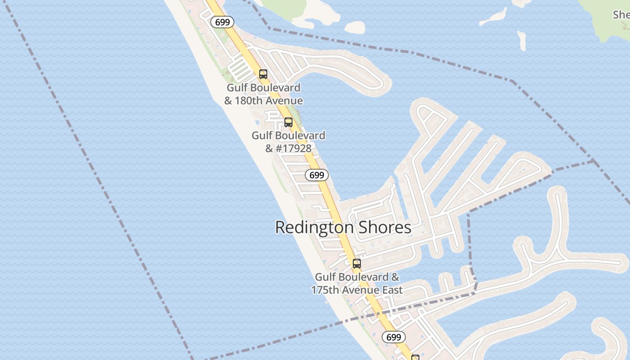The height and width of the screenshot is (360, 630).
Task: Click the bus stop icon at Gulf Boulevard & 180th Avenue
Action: pyautogui.click(x=263, y=74)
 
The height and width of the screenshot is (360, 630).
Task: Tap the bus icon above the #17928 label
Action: pyautogui.click(x=288, y=122)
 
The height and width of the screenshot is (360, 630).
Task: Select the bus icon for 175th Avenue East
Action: pyautogui.click(x=357, y=264)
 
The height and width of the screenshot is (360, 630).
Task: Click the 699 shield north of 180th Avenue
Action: pyautogui.click(x=222, y=22)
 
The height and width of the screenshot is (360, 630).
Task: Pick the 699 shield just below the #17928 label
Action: pyautogui.click(x=317, y=175)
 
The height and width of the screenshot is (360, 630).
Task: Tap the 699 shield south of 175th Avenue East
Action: pyautogui.click(x=394, y=337)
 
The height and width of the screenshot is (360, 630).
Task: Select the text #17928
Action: pyautogui.click(x=293, y=148)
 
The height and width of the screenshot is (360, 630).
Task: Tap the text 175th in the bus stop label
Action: pyautogui.click(x=325, y=290)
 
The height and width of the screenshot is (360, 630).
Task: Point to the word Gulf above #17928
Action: pyautogui.click(x=262, y=135)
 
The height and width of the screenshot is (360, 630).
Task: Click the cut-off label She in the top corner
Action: pyautogui.click(x=621, y=14)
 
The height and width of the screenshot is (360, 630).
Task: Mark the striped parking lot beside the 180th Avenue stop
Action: pyautogui.click(x=239, y=69)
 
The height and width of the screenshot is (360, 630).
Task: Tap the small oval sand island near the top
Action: pyautogui.click(x=355, y=27)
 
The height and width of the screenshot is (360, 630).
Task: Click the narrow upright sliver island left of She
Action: pyautogui.click(x=522, y=40)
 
